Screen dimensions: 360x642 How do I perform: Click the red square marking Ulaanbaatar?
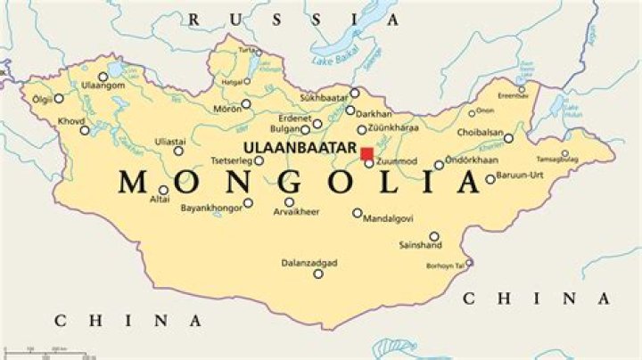[x=366, y=152]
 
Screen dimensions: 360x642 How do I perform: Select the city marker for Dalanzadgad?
[x=318, y=273]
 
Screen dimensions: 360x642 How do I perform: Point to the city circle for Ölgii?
[x=59, y=99]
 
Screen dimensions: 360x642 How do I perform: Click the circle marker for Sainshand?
[x=434, y=236]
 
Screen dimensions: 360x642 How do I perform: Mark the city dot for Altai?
[x=163, y=190]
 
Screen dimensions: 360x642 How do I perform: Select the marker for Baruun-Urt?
[x=490, y=179]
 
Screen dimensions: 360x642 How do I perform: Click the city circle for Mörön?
[x=246, y=104]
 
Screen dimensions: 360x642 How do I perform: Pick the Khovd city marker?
[x=85, y=130]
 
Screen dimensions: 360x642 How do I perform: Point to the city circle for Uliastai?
[x=177, y=151]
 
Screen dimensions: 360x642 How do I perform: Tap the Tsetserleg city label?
[x=230, y=161]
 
